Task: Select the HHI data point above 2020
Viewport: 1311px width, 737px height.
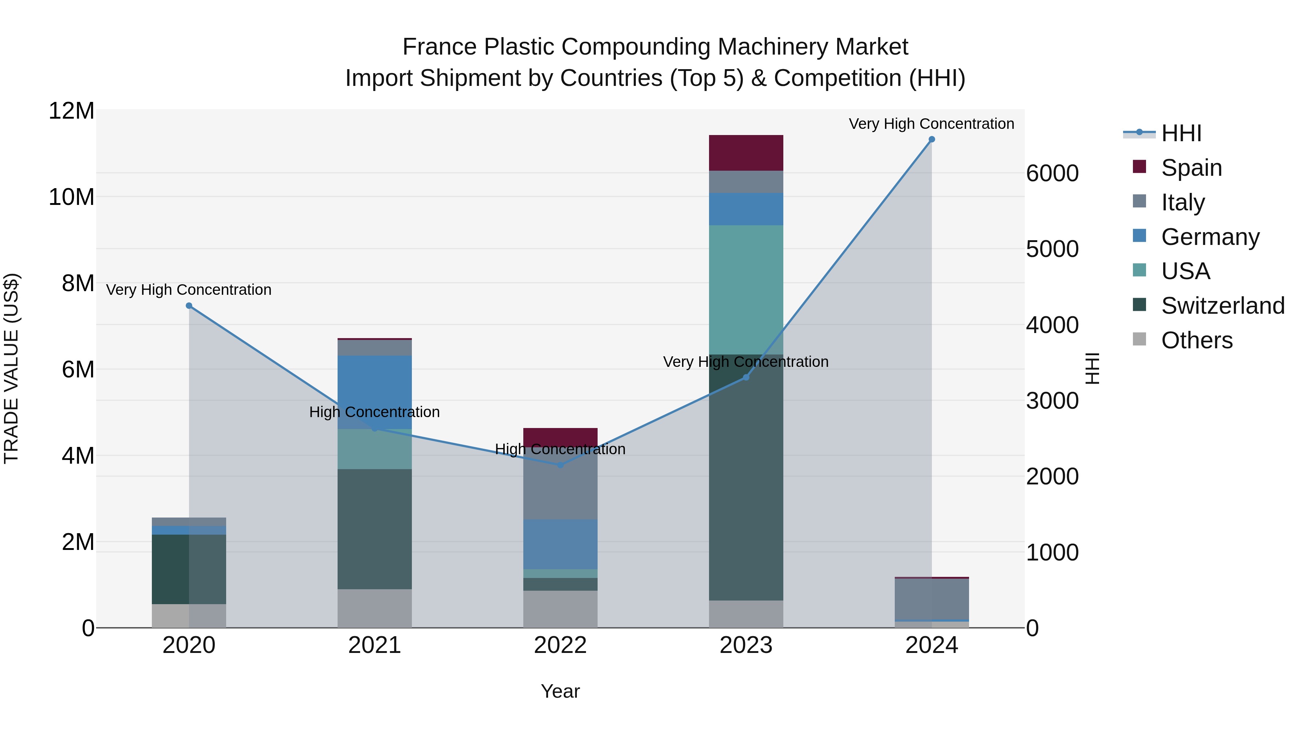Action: click(189, 306)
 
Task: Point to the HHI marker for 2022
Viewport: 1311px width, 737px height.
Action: click(560, 465)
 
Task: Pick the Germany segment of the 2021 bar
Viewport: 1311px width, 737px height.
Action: click(375, 392)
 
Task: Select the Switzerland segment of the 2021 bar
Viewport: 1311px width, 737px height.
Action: click(375, 529)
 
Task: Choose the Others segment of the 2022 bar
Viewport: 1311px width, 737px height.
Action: click(560, 609)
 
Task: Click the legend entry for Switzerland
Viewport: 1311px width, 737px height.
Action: click(1223, 306)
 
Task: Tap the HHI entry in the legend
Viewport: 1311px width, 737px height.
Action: click(1181, 133)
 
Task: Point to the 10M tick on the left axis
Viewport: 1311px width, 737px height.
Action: click(71, 197)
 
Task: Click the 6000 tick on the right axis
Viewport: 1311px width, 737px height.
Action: click(1052, 174)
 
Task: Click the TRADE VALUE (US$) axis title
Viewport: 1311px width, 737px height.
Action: click(11, 368)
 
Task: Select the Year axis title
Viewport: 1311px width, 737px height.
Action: click(560, 691)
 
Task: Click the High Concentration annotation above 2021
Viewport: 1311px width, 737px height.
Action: click(375, 412)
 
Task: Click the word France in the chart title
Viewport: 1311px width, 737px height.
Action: click(440, 47)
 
